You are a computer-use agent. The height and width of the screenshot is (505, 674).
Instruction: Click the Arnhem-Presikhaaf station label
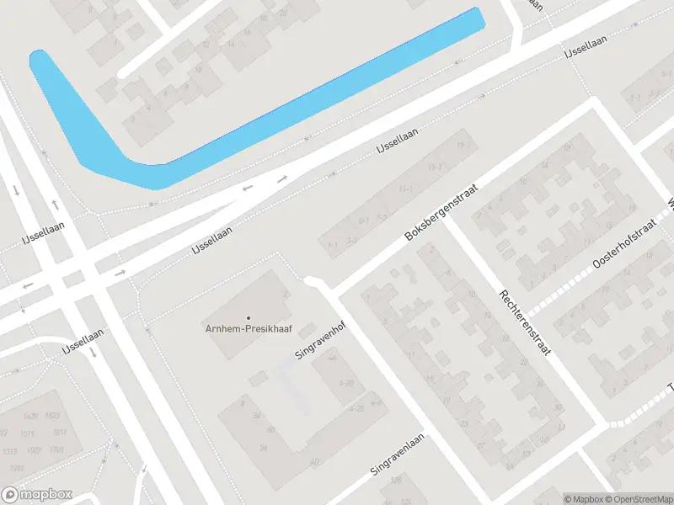248,328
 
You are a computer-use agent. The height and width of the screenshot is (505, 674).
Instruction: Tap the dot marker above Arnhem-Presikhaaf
248,317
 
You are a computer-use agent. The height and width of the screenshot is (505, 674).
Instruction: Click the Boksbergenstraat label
441,212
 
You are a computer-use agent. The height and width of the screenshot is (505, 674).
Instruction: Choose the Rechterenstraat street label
524,322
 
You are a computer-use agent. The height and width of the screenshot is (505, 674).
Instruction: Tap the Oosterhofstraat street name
624,252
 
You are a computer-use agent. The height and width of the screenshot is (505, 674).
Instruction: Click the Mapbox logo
37,495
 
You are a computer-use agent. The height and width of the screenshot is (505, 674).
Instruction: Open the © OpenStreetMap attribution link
638,499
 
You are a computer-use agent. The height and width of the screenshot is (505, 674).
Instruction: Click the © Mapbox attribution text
585,499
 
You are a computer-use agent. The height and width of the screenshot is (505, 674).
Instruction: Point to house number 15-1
435,168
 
